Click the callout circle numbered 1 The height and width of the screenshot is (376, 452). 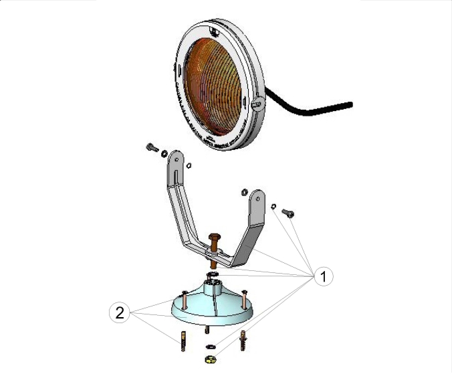[323, 276]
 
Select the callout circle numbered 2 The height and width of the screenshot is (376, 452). [119, 312]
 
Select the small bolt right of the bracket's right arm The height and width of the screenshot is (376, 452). [288, 213]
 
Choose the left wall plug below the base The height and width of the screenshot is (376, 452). [183, 343]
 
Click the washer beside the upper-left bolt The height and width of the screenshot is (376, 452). [164, 153]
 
